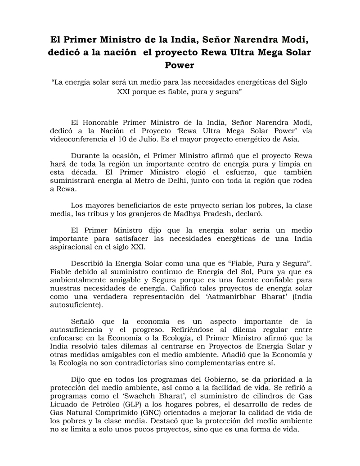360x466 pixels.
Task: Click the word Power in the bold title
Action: click(x=180, y=65)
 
